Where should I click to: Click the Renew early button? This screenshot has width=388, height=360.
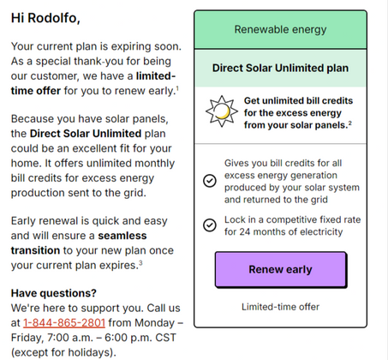coord(279,269)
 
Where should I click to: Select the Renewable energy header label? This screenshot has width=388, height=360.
coord(279,29)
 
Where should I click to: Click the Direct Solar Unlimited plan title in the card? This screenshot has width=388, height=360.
coord(279,67)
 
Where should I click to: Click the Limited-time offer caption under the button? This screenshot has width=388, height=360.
coord(279,306)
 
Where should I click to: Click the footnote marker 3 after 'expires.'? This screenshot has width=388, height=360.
coord(140,263)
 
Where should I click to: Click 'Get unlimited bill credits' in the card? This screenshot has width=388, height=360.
coord(293,99)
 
